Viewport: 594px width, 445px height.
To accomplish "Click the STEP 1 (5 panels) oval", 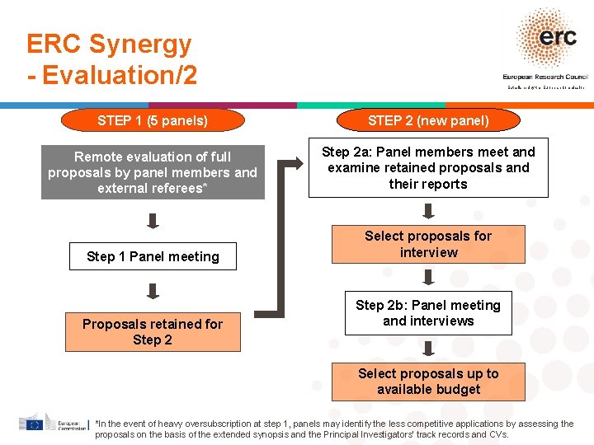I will (153, 121).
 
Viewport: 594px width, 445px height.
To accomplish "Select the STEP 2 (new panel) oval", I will (428, 121).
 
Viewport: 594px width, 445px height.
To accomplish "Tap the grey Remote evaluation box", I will (153, 172).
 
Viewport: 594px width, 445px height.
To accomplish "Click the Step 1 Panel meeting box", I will (153, 256).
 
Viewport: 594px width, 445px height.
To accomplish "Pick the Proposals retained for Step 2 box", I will (153, 332).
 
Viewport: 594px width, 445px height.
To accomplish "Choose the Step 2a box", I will (428, 168).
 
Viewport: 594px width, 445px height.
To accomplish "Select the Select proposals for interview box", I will (428, 244).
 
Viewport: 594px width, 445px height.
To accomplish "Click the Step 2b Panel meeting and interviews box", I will (428, 313).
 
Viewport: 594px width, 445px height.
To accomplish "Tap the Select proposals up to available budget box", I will (428, 382).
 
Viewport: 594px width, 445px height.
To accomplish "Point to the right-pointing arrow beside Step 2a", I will (292, 165).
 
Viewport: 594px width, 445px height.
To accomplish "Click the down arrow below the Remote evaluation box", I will (153, 220).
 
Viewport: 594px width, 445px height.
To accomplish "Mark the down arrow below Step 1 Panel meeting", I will (153, 291).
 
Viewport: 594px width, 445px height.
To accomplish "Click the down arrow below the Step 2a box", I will (428, 212).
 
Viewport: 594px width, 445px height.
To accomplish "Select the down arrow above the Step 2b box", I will (428, 278).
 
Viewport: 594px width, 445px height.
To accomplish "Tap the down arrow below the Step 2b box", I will (428, 349).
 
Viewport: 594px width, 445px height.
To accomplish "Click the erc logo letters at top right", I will (557, 37).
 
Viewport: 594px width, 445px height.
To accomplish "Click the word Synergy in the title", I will (140, 44).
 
